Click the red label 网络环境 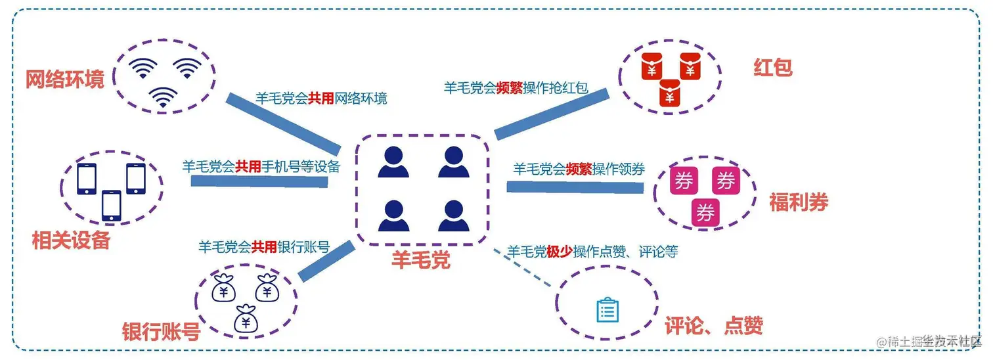[65, 79]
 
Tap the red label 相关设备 [71, 241]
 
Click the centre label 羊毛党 [421, 260]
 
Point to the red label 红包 [774, 67]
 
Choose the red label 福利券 [799, 202]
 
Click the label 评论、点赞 [714, 326]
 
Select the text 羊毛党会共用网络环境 [321, 99]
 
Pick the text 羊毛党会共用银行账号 [264, 247]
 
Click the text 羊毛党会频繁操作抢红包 [516, 88]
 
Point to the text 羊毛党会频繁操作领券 [579, 169]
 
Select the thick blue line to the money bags [326, 261]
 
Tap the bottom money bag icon [246, 319]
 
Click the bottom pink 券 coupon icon [705, 214]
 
